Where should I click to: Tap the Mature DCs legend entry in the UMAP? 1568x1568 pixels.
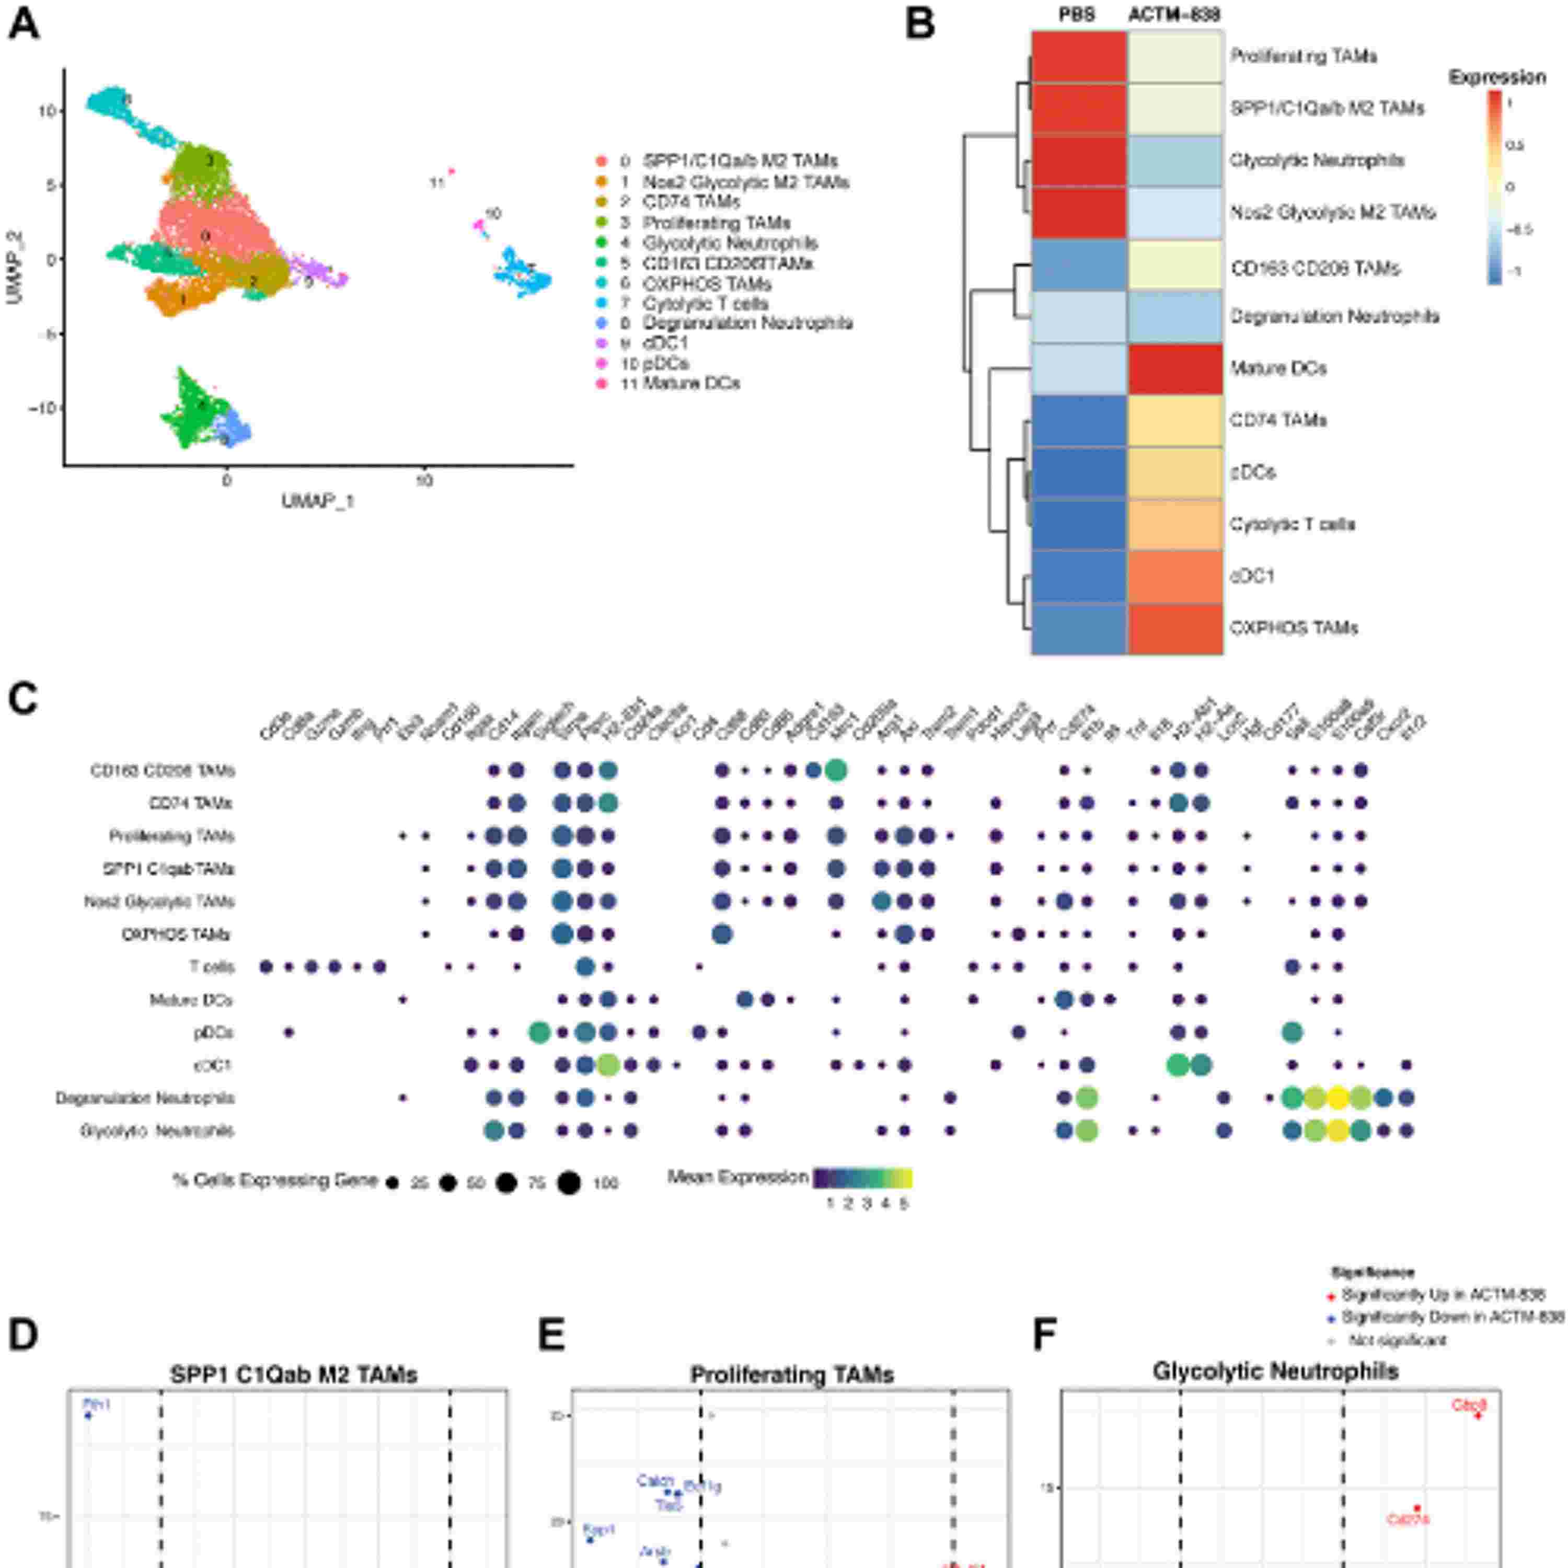point(690,383)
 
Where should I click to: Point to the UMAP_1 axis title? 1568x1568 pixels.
point(318,501)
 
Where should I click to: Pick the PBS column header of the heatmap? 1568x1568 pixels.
point(1077,15)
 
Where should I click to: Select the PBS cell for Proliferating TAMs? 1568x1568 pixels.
point(1079,57)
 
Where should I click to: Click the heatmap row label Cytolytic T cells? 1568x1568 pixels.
point(1292,524)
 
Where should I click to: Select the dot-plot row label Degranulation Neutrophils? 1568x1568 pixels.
point(144,1098)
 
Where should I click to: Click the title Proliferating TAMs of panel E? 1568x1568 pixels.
point(791,1375)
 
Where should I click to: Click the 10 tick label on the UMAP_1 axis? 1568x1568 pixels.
point(424,480)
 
